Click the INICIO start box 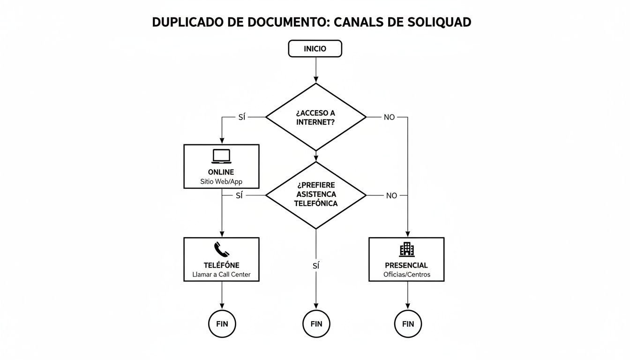pyautogui.click(x=315, y=49)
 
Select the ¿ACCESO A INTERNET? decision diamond pyautogui.click(x=315, y=117)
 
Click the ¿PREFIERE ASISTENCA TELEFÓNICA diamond pyautogui.click(x=315, y=195)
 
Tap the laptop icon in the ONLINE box pyautogui.click(x=221, y=156)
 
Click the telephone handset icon pyautogui.click(x=221, y=249)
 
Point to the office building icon pyautogui.click(x=406, y=249)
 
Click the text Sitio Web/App pyautogui.click(x=221, y=181)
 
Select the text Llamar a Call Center pyautogui.click(x=221, y=275)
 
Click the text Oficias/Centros pyautogui.click(x=406, y=275)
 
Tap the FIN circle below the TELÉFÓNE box pyautogui.click(x=222, y=324)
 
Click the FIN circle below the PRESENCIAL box pyautogui.click(x=408, y=324)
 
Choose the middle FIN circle pyautogui.click(x=316, y=324)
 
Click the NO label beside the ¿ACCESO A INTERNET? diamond pyautogui.click(x=389, y=117)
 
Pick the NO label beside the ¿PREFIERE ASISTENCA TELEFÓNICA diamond pyautogui.click(x=391, y=195)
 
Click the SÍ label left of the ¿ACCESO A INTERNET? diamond pyautogui.click(x=241, y=117)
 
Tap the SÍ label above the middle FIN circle pyautogui.click(x=315, y=266)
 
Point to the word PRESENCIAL pyautogui.click(x=406, y=265)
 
